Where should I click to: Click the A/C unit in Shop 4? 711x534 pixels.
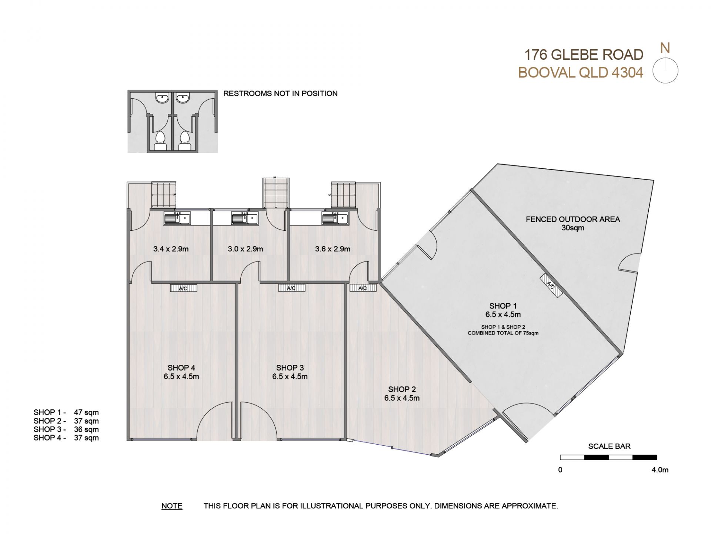pyautogui.click(x=183, y=288)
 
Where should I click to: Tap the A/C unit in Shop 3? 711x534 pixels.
pyautogui.click(x=291, y=288)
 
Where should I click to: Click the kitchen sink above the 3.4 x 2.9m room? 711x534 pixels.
pyautogui.click(x=177, y=218)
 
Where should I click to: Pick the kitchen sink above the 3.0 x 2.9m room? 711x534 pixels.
pyautogui.click(x=245, y=218)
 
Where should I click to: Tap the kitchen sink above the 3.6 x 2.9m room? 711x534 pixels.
pyautogui.click(x=335, y=218)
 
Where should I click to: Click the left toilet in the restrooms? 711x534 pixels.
pyautogui.click(x=160, y=141)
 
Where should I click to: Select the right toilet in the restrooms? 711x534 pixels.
pyautogui.click(x=184, y=141)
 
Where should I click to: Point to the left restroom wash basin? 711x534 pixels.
pyautogui.click(x=162, y=99)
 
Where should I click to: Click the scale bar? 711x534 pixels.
pyautogui.click(x=608, y=457)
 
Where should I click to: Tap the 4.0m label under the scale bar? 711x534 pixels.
pyautogui.click(x=660, y=470)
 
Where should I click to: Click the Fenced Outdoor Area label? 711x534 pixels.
pyautogui.click(x=573, y=223)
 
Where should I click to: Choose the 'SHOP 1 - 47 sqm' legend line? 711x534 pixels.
pyautogui.click(x=66, y=412)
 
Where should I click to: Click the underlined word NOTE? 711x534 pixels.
pyautogui.click(x=172, y=506)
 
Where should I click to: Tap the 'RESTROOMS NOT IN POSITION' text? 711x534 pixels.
pyautogui.click(x=280, y=93)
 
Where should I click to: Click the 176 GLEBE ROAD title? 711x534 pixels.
pyautogui.click(x=584, y=55)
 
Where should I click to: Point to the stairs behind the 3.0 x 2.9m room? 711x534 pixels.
pyautogui.click(x=276, y=193)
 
